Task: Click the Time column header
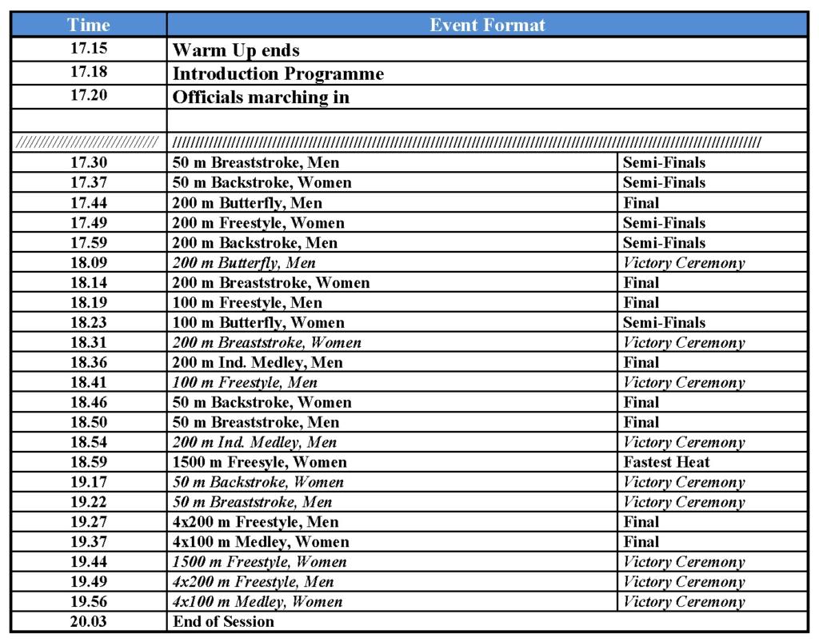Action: (x=89, y=25)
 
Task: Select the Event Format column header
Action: (x=487, y=25)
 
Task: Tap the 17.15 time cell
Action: (x=89, y=49)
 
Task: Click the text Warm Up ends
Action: (x=236, y=50)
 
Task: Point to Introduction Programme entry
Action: (x=278, y=74)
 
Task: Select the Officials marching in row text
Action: (x=262, y=98)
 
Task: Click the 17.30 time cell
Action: (x=89, y=162)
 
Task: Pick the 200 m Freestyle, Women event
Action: (x=258, y=222)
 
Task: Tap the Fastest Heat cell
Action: (x=666, y=462)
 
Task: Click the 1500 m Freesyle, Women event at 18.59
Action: (x=260, y=462)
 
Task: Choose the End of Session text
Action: (x=223, y=621)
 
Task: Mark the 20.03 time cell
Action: (x=89, y=621)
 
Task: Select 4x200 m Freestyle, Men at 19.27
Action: (x=255, y=522)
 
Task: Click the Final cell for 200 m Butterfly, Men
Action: (x=641, y=202)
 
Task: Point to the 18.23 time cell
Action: (x=89, y=322)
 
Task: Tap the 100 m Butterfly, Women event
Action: (x=258, y=322)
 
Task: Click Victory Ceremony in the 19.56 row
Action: (x=683, y=602)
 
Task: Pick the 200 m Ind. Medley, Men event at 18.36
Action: (x=258, y=362)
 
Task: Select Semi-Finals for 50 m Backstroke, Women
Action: (x=664, y=182)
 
